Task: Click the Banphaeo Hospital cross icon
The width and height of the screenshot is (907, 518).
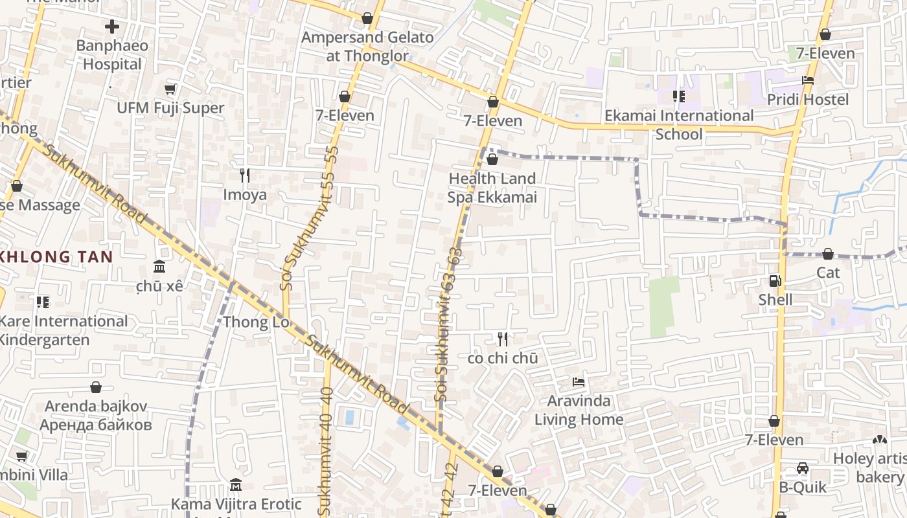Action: click(x=112, y=27)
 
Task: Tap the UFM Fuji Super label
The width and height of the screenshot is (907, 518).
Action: click(x=170, y=107)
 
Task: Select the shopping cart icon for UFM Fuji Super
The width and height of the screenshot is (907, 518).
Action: click(x=170, y=89)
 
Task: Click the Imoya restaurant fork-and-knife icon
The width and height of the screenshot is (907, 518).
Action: click(x=245, y=175)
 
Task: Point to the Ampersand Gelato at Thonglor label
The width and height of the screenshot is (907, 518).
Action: click(x=367, y=47)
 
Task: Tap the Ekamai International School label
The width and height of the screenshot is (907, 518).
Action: click(x=679, y=124)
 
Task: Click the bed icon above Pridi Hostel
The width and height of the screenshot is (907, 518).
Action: click(x=807, y=80)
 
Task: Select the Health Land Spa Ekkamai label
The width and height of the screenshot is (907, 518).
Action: click(x=492, y=188)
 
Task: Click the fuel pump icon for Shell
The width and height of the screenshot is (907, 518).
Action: click(x=775, y=280)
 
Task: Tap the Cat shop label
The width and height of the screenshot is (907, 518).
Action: click(x=828, y=273)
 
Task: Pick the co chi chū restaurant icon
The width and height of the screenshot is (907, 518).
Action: click(x=503, y=339)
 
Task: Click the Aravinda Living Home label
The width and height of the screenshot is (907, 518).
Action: click(x=579, y=410)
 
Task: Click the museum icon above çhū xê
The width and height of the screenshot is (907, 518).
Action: click(x=159, y=266)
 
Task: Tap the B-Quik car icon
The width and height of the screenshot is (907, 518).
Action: click(x=803, y=468)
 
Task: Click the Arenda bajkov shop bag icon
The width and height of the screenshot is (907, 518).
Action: click(x=96, y=387)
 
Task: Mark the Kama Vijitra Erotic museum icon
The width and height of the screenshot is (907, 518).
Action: click(x=236, y=485)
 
